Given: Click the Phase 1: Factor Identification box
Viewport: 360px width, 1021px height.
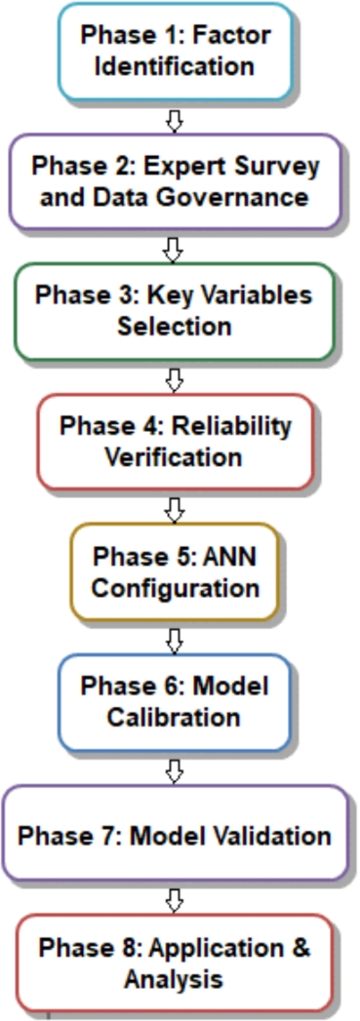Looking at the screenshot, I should click(x=176, y=52).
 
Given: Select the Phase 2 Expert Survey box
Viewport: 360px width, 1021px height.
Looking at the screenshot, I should click(x=176, y=181).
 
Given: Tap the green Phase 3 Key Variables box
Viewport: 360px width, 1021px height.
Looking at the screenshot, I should click(x=176, y=310).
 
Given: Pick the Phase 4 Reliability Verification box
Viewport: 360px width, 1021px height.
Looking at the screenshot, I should click(x=176, y=441).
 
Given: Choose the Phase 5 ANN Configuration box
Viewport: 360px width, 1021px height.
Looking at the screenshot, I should click(x=176, y=572).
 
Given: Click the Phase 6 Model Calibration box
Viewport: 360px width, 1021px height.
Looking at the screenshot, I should click(x=176, y=701).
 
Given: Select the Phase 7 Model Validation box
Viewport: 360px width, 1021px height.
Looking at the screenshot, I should click(x=176, y=836).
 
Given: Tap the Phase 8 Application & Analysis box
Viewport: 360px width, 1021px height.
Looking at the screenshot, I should click(x=176, y=962).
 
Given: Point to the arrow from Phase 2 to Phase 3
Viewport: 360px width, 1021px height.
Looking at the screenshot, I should click(x=175, y=249).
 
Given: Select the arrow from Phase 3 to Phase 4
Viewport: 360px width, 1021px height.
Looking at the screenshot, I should click(x=175, y=377).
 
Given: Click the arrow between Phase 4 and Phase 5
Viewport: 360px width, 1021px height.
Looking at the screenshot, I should click(x=175, y=508).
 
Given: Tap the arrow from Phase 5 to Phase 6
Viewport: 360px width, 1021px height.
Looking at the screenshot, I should click(x=175, y=639).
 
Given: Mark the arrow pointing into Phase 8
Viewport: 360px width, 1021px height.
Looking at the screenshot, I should click(x=175, y=899).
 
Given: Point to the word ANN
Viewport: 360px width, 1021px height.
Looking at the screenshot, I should click(x=229, y=557).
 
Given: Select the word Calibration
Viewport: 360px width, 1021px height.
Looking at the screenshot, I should click(x=176, y=718).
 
